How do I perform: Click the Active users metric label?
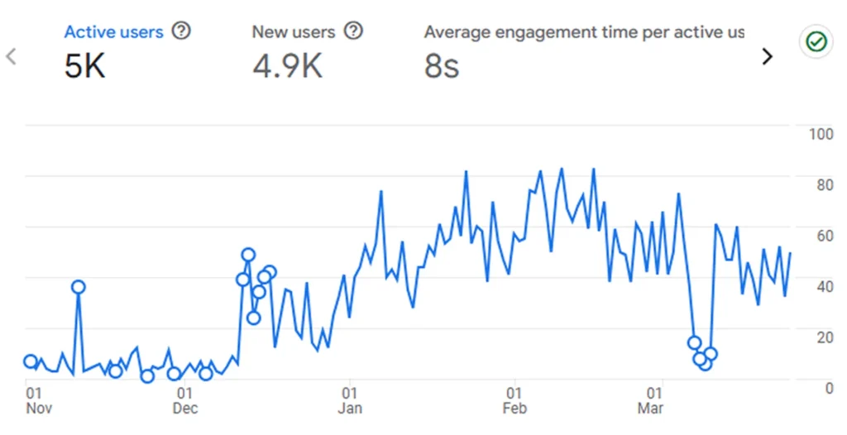click(114, 32)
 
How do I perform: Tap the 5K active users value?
click(84, 67)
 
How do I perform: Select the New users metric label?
click(294, 32)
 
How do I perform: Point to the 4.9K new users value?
click(287, 67)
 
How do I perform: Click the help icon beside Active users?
click(181, 31)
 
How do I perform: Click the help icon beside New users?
click(353, 31)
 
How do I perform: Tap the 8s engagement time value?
click(441, 67)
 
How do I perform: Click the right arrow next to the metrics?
click(768, 56)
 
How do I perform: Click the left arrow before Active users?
click(12, 56)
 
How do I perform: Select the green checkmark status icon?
click(816, 42)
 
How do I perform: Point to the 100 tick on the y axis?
click(820, 134)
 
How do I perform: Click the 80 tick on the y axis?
click(825, 184)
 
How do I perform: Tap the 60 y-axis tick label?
click(825, 236)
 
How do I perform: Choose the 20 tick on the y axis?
click(825, 337)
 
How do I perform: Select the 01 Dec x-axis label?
click(185, 400)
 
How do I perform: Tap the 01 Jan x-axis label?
click(350, 400)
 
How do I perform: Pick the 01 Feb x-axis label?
click(514, 400)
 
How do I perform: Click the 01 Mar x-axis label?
click(652, 400)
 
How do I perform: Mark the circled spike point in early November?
click(79, 287)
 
